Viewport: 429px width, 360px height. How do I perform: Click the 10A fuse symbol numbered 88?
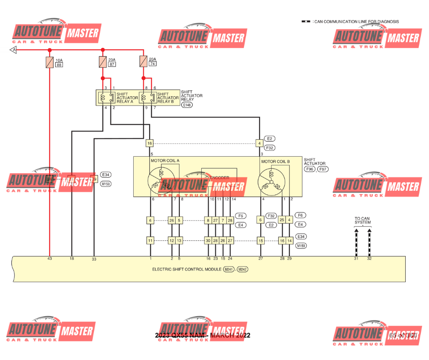[x=49, y=62]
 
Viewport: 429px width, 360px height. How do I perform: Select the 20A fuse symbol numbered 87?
[x=103, y=62]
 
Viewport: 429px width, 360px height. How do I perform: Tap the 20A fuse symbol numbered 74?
[x=143, y=62]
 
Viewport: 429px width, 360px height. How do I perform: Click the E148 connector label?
[x=187, y=105]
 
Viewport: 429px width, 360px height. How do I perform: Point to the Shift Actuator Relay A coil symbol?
[x=103, y=97]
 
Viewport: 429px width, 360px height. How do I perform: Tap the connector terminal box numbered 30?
[x=208, y=241]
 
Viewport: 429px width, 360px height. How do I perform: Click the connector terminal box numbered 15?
[x=261, y=241]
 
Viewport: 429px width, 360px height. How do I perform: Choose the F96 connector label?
[x=310, y=169]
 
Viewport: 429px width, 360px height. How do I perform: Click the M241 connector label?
[x=228, y=270]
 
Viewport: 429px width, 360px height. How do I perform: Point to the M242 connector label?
[x=242, y=270]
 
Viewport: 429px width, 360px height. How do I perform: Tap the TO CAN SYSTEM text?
[x=362, y=220]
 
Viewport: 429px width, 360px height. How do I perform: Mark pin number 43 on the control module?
[x=49, y=259]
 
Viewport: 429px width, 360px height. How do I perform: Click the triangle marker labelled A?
[x=14, y=49]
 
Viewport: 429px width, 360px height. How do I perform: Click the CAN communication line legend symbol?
[x=306, y=21]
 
